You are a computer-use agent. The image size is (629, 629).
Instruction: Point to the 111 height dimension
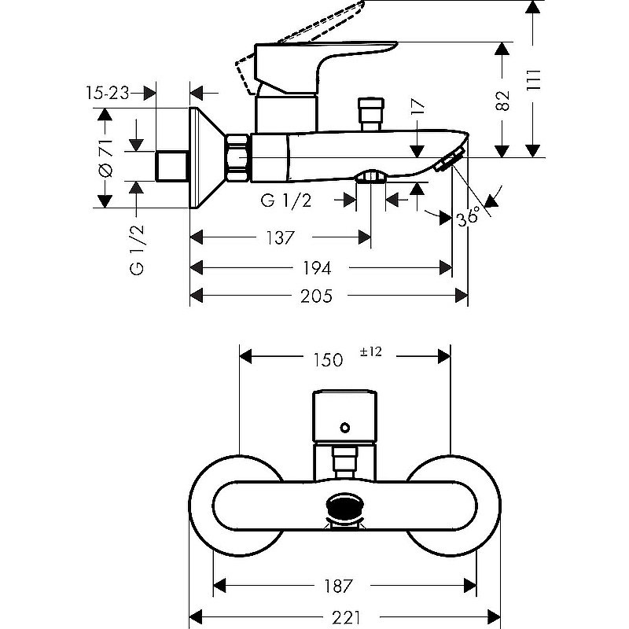coord(535,79)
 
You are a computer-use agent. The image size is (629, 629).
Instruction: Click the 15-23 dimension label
coord(107,93)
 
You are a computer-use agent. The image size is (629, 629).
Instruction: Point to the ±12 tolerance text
coord(370,353)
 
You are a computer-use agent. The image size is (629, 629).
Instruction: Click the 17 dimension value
coord(417,107)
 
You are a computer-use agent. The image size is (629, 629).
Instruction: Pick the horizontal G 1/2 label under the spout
coord(287,201)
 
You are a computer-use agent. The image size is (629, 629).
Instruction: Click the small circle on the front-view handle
coord(344,427)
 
